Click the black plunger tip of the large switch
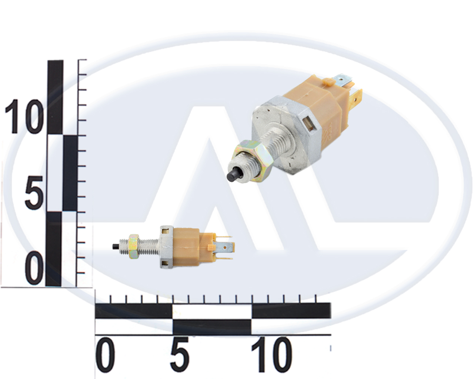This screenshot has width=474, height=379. pyautogui.click(x=233, y=175)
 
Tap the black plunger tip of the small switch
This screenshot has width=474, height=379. pyautogui.click(x=116, y=246)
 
